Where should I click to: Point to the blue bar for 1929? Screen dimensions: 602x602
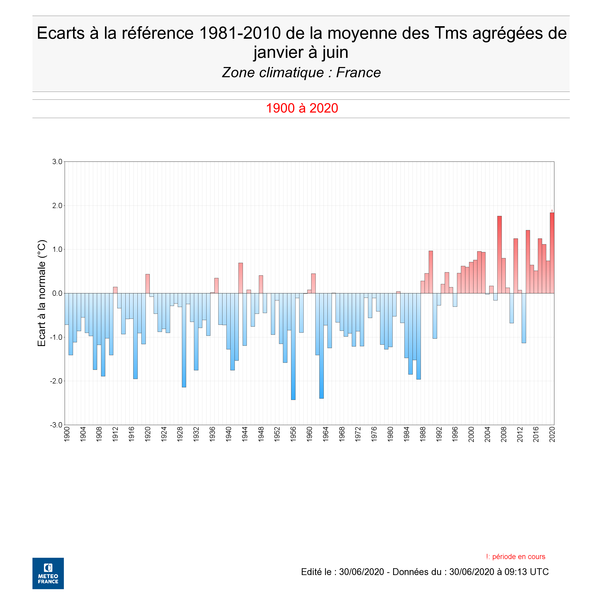(x=184, y=340)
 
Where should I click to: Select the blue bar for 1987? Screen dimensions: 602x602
(x=419, y=336)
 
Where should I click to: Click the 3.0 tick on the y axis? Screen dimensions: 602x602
(x=57, y=162)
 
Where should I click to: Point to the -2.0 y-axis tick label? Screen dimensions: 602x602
(x=56, y=381)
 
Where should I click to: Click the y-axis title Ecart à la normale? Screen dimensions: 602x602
(x=42, y=293)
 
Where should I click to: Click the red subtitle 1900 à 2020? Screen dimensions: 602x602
(x=302, y=108)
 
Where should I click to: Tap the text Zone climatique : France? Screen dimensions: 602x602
(x=301, y=73)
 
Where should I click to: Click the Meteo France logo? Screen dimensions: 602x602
(x=48, y=573)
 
